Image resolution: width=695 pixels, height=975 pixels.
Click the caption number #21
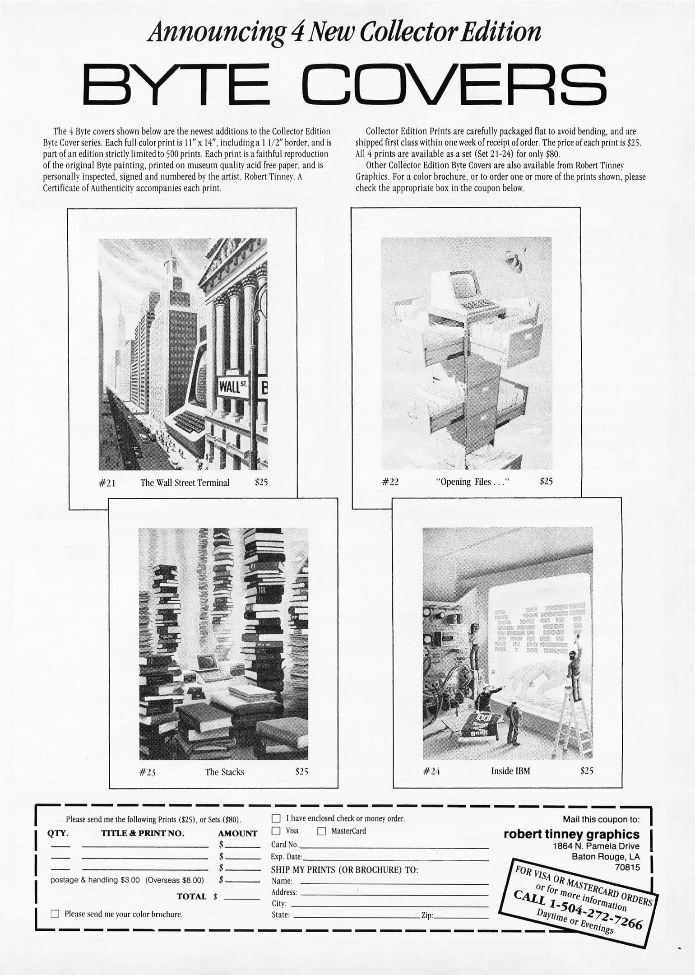[x=107, y=483]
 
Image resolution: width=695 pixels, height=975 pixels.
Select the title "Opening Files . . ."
[x=472, y=482]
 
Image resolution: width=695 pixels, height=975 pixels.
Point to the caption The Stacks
[x=224, y=772]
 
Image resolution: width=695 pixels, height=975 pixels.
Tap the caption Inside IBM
[x=510, y=771]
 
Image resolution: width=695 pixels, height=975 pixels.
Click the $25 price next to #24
[x=586, y=771]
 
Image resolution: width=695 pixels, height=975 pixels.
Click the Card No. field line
[x=393, y=844]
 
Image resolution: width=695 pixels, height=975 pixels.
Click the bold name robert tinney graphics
[x=571, y=834]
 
